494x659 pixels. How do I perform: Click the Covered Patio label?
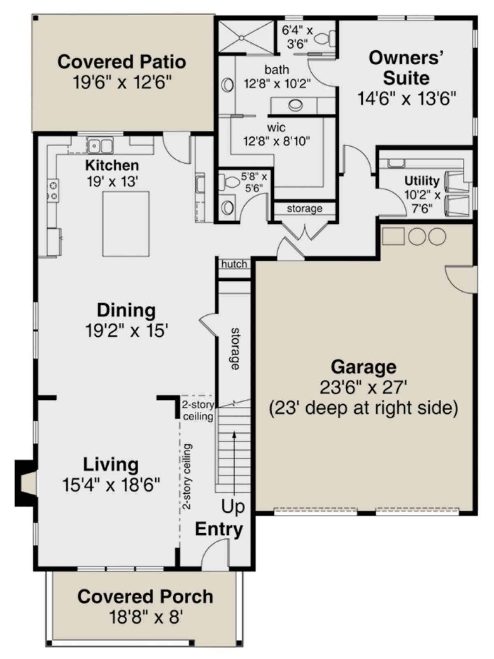point(121,62)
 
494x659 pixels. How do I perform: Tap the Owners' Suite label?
point(406,68)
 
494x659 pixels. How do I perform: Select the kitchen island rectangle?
point(126,224)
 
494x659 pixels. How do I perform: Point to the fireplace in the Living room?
point(26,483)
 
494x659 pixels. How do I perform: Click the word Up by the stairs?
point(233,507)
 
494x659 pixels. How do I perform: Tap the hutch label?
point(234,264)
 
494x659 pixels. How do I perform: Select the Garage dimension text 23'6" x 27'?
point(363,387)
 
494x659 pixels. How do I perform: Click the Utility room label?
point(422,181)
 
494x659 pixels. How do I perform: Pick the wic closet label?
point(276,128)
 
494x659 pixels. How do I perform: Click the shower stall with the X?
point(246,37)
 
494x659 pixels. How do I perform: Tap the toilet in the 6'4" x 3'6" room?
point(326,38)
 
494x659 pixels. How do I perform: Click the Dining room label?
point(126,310)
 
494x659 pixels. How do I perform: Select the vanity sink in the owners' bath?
point(296,105)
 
